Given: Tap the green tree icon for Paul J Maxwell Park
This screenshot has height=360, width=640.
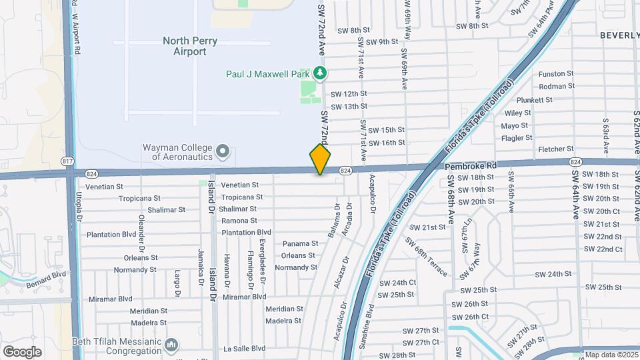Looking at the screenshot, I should (x=321, y=73).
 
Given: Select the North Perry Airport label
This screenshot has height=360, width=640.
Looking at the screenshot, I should (x=189, y=46).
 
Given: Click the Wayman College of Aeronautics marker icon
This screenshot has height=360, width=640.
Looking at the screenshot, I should (x=223, y=151).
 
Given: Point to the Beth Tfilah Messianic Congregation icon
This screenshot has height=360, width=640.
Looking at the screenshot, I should (x=172, y=345).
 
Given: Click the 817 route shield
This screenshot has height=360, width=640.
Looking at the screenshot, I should (x=67, y=161).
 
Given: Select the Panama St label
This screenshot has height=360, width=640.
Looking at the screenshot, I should (x=298, y=244).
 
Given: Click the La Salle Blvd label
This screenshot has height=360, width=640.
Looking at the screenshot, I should (x=245, y=348).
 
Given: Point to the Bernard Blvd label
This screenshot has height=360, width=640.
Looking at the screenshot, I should (x=47, y=274).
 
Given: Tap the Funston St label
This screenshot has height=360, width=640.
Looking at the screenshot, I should (x=556, y=74).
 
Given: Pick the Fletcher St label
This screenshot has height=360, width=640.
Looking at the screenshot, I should (x=555, y=149).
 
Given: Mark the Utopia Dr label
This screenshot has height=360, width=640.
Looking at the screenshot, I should (x=78, y=206).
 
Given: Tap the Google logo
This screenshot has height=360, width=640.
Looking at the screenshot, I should (x=22, y=352).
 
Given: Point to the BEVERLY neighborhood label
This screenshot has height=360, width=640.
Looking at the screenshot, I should (x=619, y=35).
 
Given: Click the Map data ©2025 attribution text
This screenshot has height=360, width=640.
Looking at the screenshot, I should (x=610, y=355).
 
